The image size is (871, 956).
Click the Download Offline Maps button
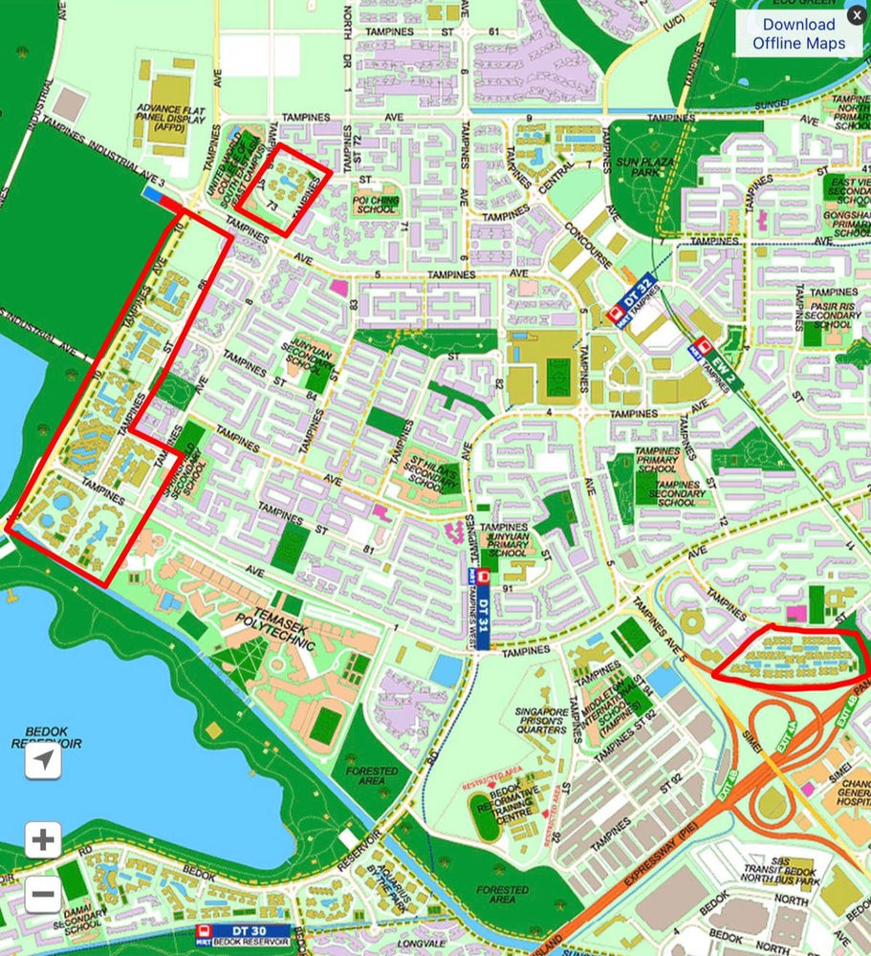click(798, 33)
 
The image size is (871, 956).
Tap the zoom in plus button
click(42, 840)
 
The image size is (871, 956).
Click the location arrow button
click(42, 760)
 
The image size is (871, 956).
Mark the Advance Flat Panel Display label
click(171, 120)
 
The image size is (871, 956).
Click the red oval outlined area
click(791, 655)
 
